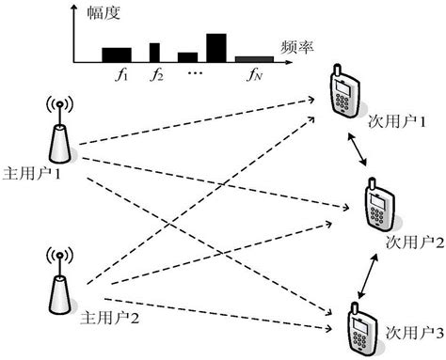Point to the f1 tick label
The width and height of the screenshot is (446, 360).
pos(117,72)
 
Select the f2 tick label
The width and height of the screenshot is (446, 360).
pos(156,72)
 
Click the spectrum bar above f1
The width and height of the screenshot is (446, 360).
pos(116,54)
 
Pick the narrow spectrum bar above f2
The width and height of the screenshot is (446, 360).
pos(155,51)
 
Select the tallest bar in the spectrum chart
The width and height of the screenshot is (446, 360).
pos(216,47)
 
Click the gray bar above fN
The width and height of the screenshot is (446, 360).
pos(254,58)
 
